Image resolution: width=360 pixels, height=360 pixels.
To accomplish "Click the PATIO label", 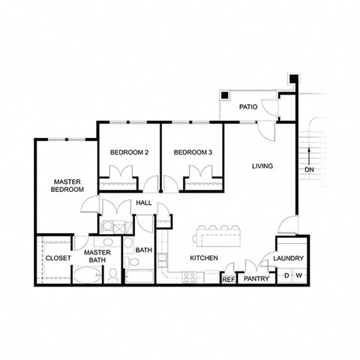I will pyautogui.click(x=249, y=107).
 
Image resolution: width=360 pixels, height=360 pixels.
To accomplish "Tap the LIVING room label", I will pyautogui.click(x=262, y=166).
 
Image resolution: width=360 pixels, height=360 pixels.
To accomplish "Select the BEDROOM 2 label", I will pyautogui.click(x=129, y=153).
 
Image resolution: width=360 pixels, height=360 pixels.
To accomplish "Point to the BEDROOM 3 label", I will pyautogui.click(x=193, y=153).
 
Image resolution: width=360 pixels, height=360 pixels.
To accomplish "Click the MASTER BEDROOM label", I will pyautogui.click(x=67, y=185).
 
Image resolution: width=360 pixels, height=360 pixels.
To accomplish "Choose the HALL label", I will pyautogui.click(x=144, y=203).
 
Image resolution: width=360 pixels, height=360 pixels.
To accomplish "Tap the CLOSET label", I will pyautogui.click(x=58, y=258).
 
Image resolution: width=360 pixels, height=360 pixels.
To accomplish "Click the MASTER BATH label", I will pyautogui.click(x=97, y=257).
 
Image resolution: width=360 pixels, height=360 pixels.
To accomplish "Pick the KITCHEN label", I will pyautogui.click(x=203, y=258).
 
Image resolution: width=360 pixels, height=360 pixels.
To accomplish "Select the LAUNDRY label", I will pyautogui.click(x=289, y=259).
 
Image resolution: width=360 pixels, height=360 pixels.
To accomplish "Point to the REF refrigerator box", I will pyautogui.click(x=229, y=278).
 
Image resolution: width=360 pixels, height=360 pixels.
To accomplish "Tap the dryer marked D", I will pyautogui.click(x=285, y=277).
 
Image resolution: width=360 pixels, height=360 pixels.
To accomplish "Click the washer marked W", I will pyautogui.click(x=298, y=277).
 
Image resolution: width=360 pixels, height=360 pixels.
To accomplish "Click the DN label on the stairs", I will pyautogui.click(x=309, y=169).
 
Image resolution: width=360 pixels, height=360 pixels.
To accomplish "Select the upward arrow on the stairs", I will pyautogui.click(x=309, y=152).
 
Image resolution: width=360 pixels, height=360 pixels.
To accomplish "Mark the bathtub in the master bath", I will pyautogui.click(x=88, y=275).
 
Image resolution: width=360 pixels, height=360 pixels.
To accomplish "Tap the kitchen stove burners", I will pyautogui.click(x=190, y=277).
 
